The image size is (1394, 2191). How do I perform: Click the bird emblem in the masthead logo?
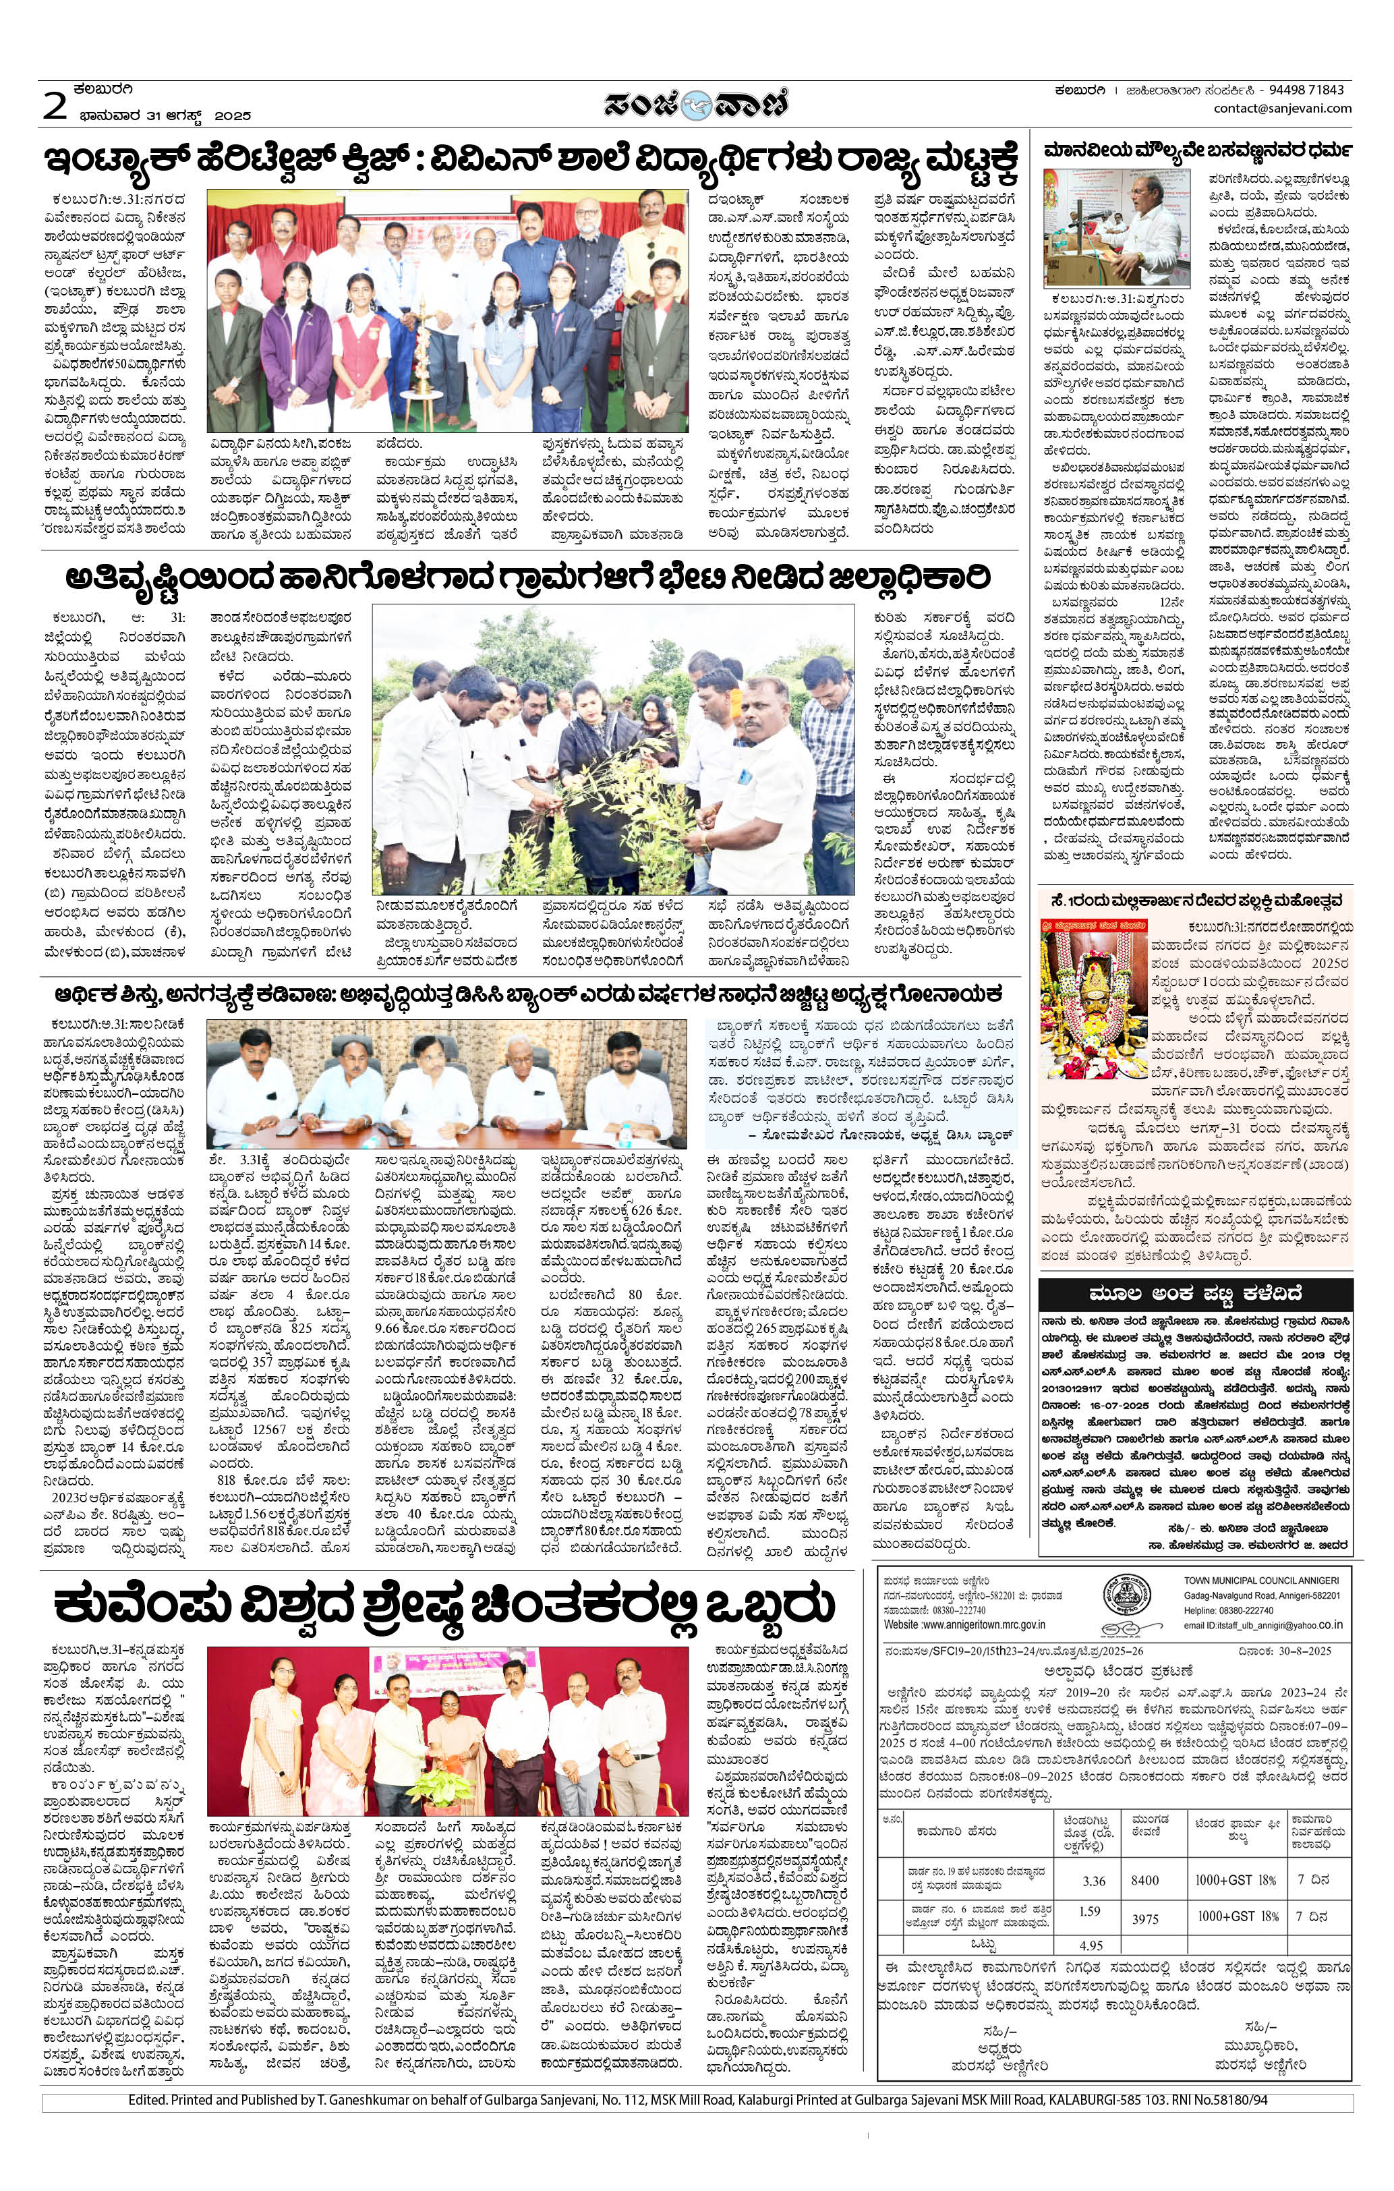tap(697, 104)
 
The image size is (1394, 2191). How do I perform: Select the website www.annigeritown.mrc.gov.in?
tap(964, 1623)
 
